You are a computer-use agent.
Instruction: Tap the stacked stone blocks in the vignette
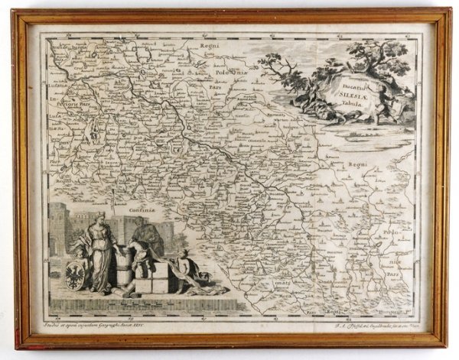coord(152,280)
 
